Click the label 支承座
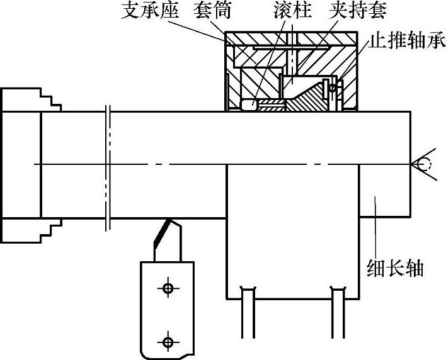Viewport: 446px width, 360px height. pyautogui.click(x=149, y=11)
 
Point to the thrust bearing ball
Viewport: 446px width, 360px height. pyautogui.click(x=332, y=88)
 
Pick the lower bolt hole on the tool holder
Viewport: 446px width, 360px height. pyautogui.click(x=167, y=342)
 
